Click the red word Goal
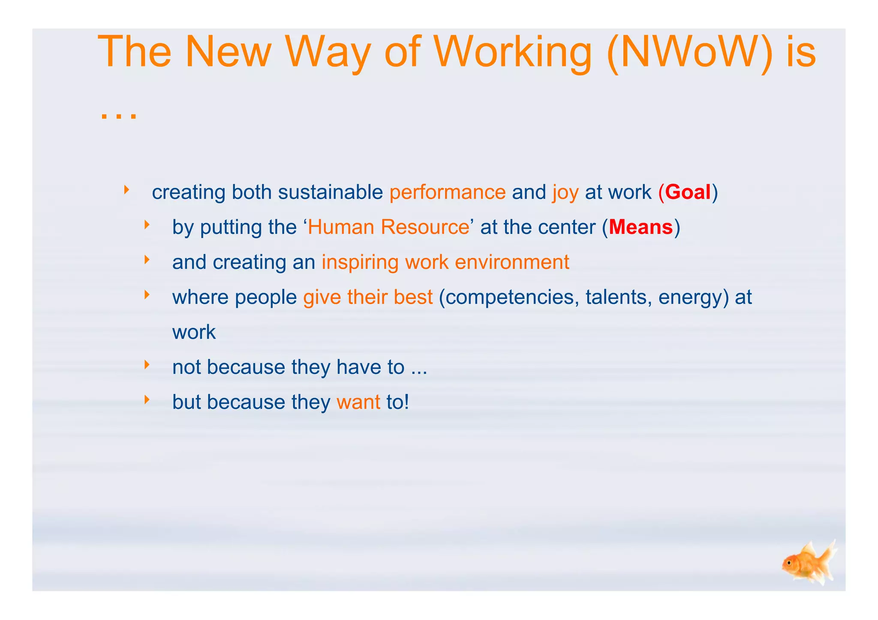[x=688, y=192]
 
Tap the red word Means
[x=640, y=227]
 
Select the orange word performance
[x=448, y=193]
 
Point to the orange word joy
[x=565, y=193]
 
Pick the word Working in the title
[x=512, y=53]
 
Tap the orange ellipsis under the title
[x=118, y=115]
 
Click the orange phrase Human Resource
[x=388, y=227]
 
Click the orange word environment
[x=512, y=262]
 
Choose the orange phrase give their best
[x=368, y=297]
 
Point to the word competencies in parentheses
[x=508, y=297]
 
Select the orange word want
[x=358, y=402]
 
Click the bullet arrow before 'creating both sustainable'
[x=126, y=189]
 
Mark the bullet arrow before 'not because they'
[x=147, y=364]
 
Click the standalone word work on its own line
[x=194, y=332]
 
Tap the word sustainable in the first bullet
[x=330, y=192]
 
